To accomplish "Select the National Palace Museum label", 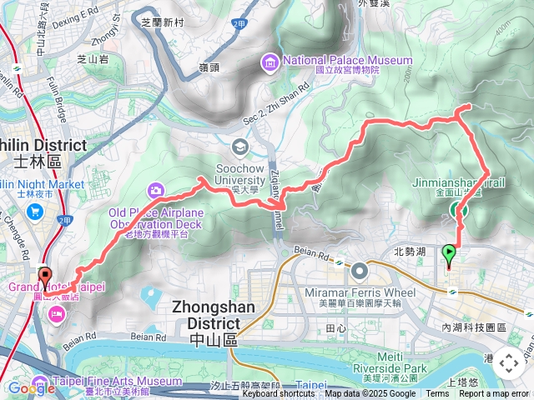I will (x=348, y=60).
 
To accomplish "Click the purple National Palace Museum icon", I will (x=270, y=61).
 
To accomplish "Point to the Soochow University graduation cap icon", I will (x=240, y=147).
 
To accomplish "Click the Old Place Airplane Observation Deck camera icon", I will (x=156, y=191).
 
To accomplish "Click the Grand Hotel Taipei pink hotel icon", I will (x=57, y=313).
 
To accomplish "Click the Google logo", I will (x=31, y=388).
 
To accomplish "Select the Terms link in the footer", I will (x=437, y=394).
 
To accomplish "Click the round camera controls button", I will (x=508, y=362).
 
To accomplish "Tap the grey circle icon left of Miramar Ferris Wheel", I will (x=360, y=271).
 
